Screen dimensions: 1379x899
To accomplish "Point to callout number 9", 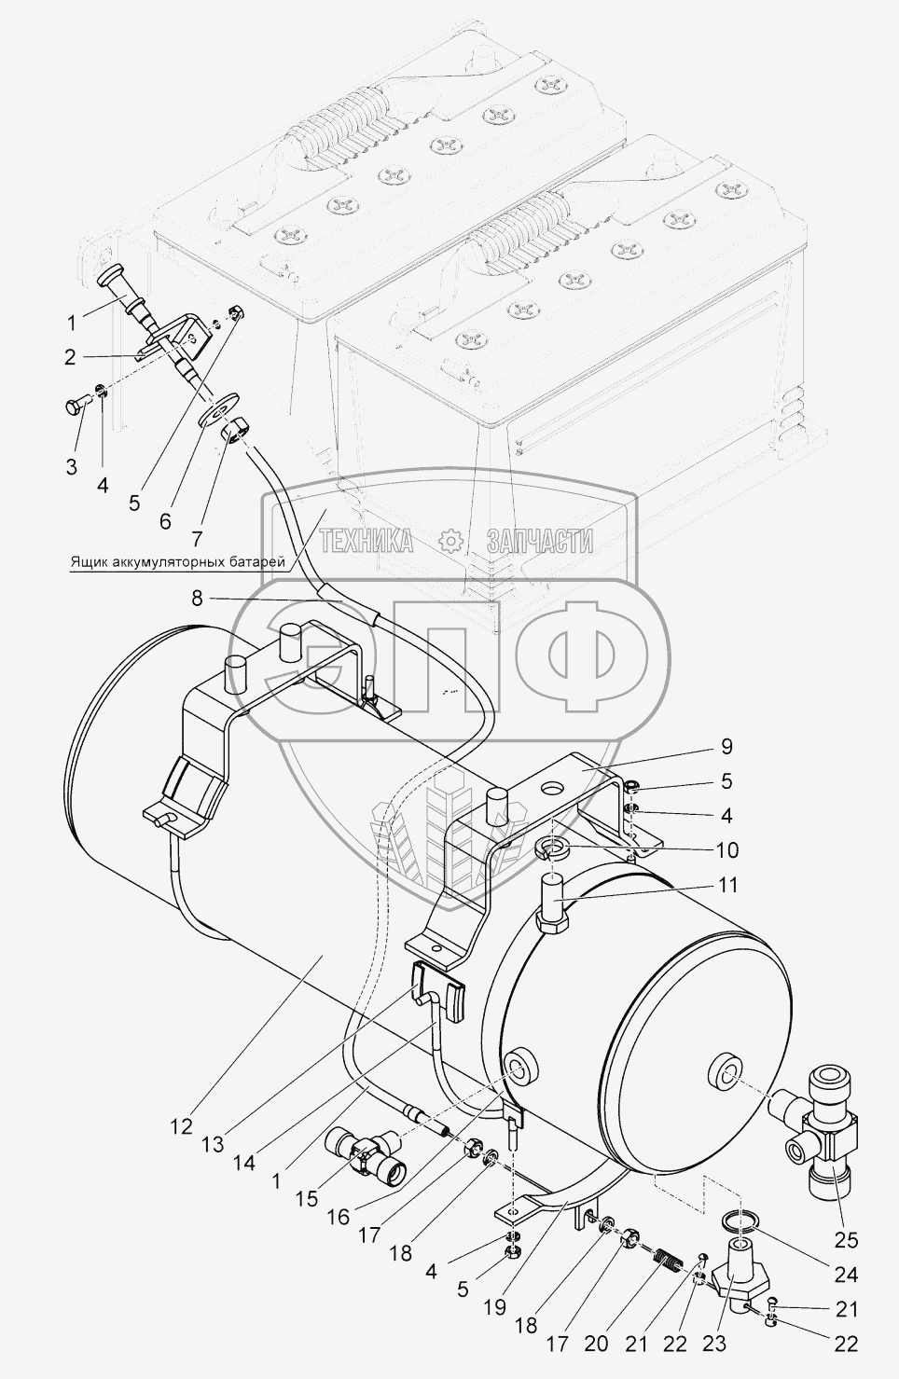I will pos(726,747).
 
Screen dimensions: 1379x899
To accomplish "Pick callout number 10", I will pos(726,849).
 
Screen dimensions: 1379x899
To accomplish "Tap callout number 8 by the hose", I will pos(197,600).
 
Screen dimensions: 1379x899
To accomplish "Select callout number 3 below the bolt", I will pos(72,465).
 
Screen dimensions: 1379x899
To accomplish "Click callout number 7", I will pos(197,538).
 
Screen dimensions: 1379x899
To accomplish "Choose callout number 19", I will pos(494,1307).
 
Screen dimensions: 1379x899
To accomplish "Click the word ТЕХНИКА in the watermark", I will pos(367,541).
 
